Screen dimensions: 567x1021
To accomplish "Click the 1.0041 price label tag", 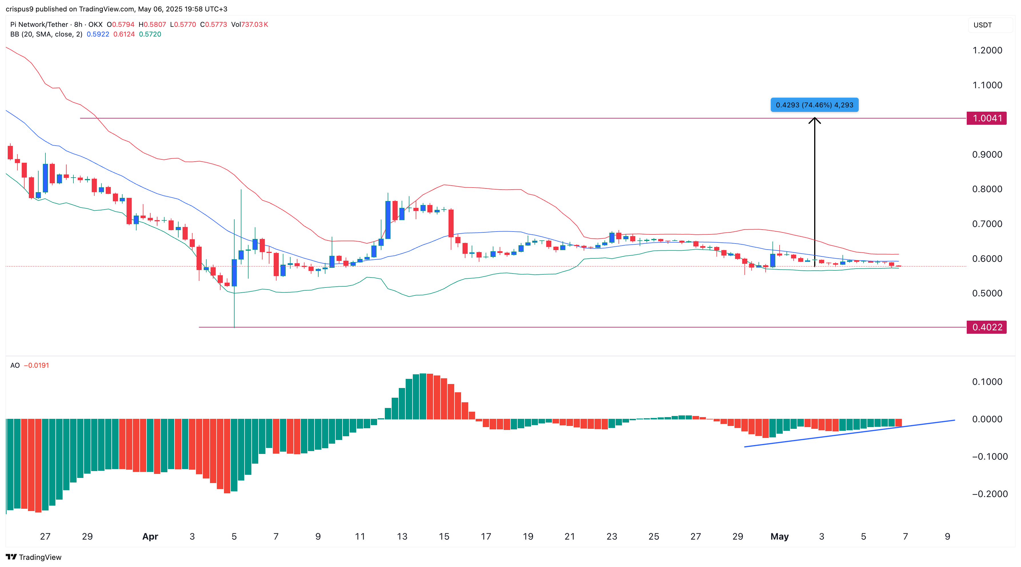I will (x=986, y=118).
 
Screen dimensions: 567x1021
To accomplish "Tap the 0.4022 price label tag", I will (x=986, y=327).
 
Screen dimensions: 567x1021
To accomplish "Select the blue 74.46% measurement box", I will (x=814, y=105).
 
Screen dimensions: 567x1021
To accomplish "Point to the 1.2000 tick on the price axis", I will (x=987, y=50).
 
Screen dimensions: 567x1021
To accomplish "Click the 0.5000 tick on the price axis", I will (x=987, y=293).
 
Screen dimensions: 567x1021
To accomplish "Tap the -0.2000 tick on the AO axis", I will (x=989, y=494).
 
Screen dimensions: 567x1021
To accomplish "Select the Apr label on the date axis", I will (x=150, y=536).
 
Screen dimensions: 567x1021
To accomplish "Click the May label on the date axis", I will (x=779, y=536).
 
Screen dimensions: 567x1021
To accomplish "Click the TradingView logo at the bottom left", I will (x=34, y=557).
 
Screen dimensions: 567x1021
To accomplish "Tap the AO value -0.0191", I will (x=37, y=365).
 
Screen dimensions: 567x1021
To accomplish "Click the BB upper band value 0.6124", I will (x=124, y=34).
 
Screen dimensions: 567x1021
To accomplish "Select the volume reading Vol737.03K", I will (x=249, y=25).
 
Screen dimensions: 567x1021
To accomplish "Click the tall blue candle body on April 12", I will (x=388, y=220).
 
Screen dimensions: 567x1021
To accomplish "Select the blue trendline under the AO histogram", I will (x=848, y=433).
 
